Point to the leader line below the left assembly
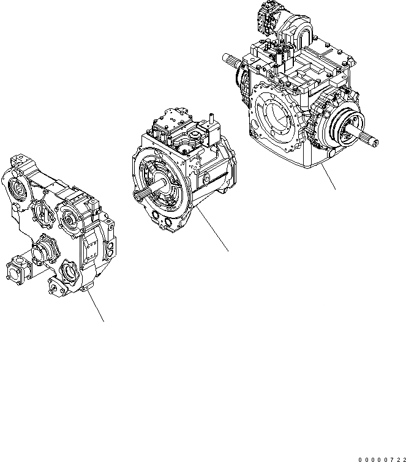[95, 305]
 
